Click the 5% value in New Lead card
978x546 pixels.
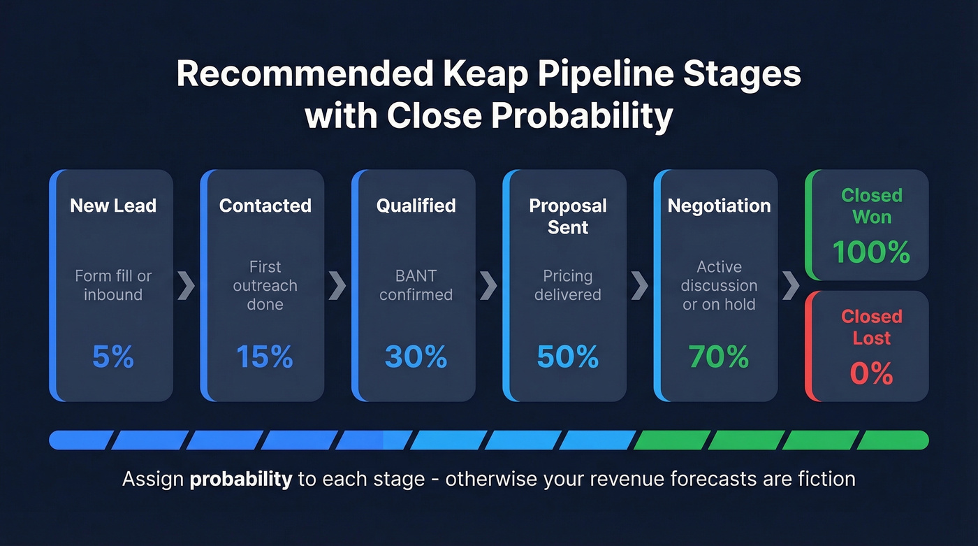coord(112,357)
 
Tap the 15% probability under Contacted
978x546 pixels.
coord(264,357)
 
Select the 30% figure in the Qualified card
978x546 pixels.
coord(416,357)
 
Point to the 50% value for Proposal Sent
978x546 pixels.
coord(567,357)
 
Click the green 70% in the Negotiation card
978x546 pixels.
coord(719,357)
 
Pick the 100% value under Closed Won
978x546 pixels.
coord(871,252)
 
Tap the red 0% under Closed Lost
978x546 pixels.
coord(871,373)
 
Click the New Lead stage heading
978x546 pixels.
coord(113,206)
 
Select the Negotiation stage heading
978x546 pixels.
coord(719,206)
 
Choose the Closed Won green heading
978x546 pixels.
coord(871,206)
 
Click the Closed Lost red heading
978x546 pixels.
coord(871,326)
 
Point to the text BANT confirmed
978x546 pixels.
coord(416,285)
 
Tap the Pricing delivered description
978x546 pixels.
coord(567,285)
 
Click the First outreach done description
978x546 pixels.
coord(265,285)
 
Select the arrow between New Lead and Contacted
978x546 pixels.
coord(187,285)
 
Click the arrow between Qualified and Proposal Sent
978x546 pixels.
coord(489,285)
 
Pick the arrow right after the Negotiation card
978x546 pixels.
coord(791,285)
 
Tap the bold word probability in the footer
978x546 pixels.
coord(241,479)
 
